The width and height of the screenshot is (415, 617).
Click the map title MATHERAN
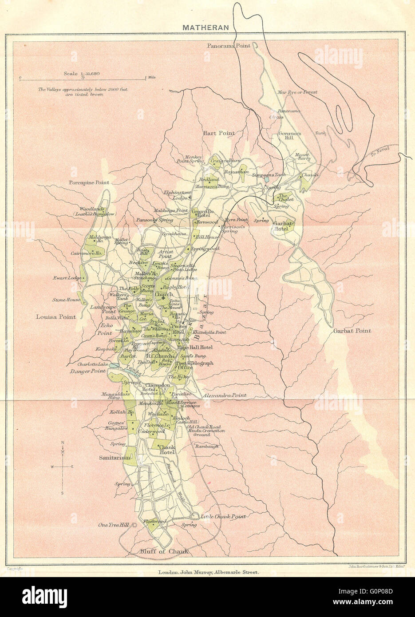(206, 27)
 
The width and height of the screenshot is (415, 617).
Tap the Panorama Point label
(229, 45)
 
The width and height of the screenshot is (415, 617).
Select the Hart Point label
(219, 133)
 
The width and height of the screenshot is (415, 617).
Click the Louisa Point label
(56, 317)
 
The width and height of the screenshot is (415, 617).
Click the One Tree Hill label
(113, 525)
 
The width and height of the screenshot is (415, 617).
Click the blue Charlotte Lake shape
(114, 365)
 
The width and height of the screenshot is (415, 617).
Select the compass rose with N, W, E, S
(63, 467)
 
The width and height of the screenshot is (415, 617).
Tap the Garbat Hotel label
(282, 226)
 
